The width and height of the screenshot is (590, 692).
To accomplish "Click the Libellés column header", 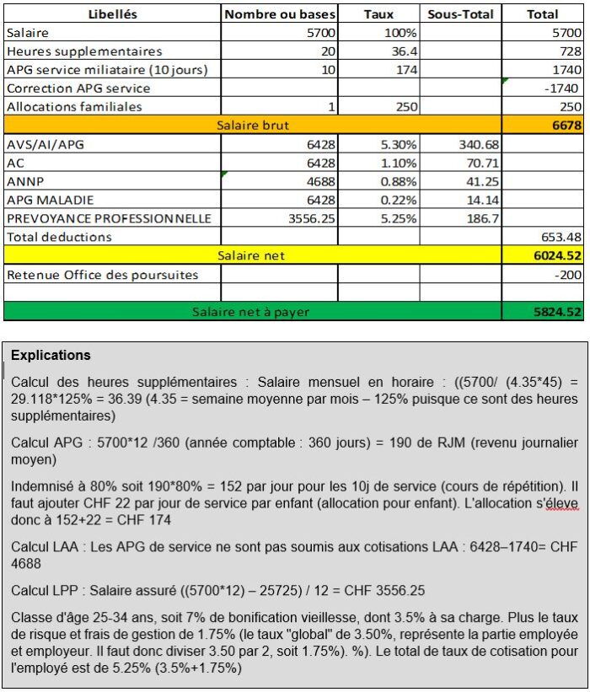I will coord(112,14).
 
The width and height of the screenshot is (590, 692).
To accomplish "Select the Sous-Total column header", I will coord(460,14).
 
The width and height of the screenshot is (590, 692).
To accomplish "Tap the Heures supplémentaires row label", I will coord(83,51).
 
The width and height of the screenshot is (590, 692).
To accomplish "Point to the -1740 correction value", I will coord(563,88).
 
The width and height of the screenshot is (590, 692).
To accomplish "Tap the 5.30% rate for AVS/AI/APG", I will coord(398,144).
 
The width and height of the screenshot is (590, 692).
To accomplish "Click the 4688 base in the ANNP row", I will coord(319,181).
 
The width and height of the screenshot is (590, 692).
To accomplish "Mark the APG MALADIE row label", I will coord(50,200).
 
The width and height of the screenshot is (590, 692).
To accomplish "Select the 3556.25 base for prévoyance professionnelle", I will coord(308,218).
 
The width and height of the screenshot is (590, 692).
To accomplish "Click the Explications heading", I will coord(51,355).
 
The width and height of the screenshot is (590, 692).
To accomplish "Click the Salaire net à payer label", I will coord(250,311).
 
